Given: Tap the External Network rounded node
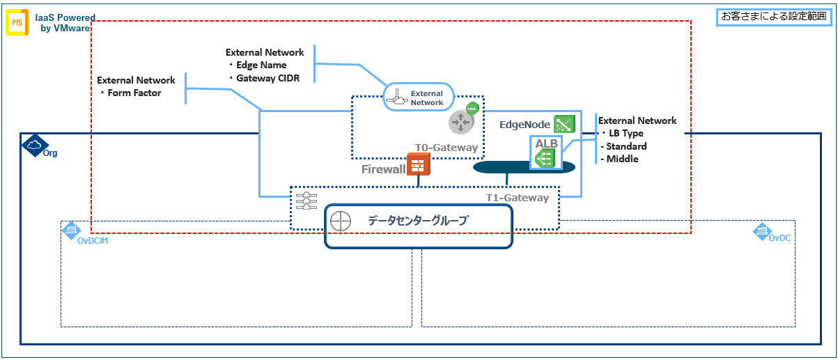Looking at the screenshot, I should (419, 97).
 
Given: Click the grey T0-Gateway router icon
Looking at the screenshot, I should (460, 121).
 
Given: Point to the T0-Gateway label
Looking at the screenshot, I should (447, 148).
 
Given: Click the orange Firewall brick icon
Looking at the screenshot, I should (419, 164).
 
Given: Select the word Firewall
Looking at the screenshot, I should (383, 169).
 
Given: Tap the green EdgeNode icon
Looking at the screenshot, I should (564, 124).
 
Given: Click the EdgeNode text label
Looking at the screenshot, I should (525, 125).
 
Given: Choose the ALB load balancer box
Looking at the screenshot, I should (543, 152).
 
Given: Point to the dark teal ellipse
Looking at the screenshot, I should (524, 167).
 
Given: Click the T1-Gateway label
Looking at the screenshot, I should (517, 198).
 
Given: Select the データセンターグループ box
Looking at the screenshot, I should (419, 226).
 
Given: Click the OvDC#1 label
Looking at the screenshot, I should (93, 240).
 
